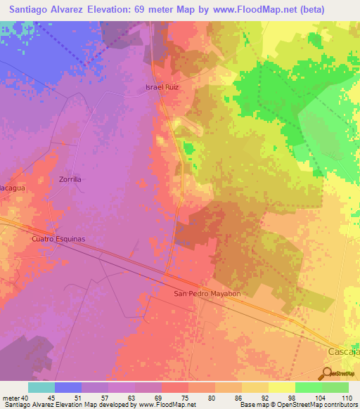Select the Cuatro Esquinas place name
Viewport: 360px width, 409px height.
[58, 239]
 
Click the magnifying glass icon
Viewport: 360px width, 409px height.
[327, 373]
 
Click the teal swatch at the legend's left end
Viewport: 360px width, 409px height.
[41, 387]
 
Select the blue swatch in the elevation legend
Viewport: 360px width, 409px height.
[68, 387]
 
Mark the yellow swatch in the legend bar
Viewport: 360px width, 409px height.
[281, 387]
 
